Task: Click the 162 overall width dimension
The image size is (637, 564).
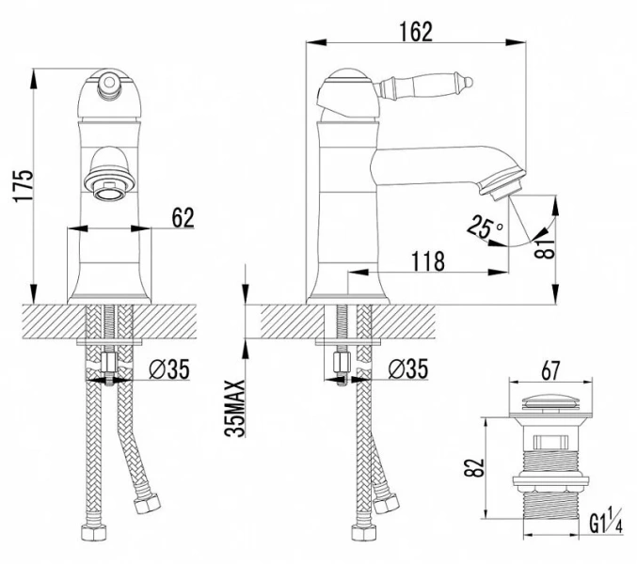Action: pyautogui.click(x=416, y=32)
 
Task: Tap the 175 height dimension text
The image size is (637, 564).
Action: pyautogui.click(x=24, y=185)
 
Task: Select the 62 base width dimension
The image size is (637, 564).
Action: pyautogui.click(x=183, y=217)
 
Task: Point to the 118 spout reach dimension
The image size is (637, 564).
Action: pyautogui.click(x=428, y=261)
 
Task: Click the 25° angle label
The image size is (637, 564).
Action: pyautogui.click(x=484, y=227)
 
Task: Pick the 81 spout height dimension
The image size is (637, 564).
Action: pyautogui.click(x=546, y=248)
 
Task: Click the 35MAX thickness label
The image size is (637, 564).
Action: pyautogui.click(x=236, y=408)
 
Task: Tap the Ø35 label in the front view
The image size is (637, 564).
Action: pyautogui.click(x=169, y=369)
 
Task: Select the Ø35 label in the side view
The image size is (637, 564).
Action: pyautogui.click(x=407, y=368)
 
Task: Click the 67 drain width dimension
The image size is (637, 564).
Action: pyautogui.click(x=550, y=370)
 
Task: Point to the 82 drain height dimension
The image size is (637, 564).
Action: pyautogui.click(x=474, y=468)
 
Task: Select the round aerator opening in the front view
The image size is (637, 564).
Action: pyautogui.click(x=108, y=190)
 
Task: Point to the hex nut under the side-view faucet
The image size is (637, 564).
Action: pyautogui.click(x=342, y=362)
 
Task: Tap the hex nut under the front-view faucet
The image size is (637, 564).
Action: pyautogui.click(x=109, y=362)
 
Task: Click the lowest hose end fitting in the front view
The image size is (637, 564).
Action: pyautogui.click(x=94, y=532)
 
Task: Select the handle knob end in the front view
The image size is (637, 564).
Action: pyautogui.click(x=109, y=83)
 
